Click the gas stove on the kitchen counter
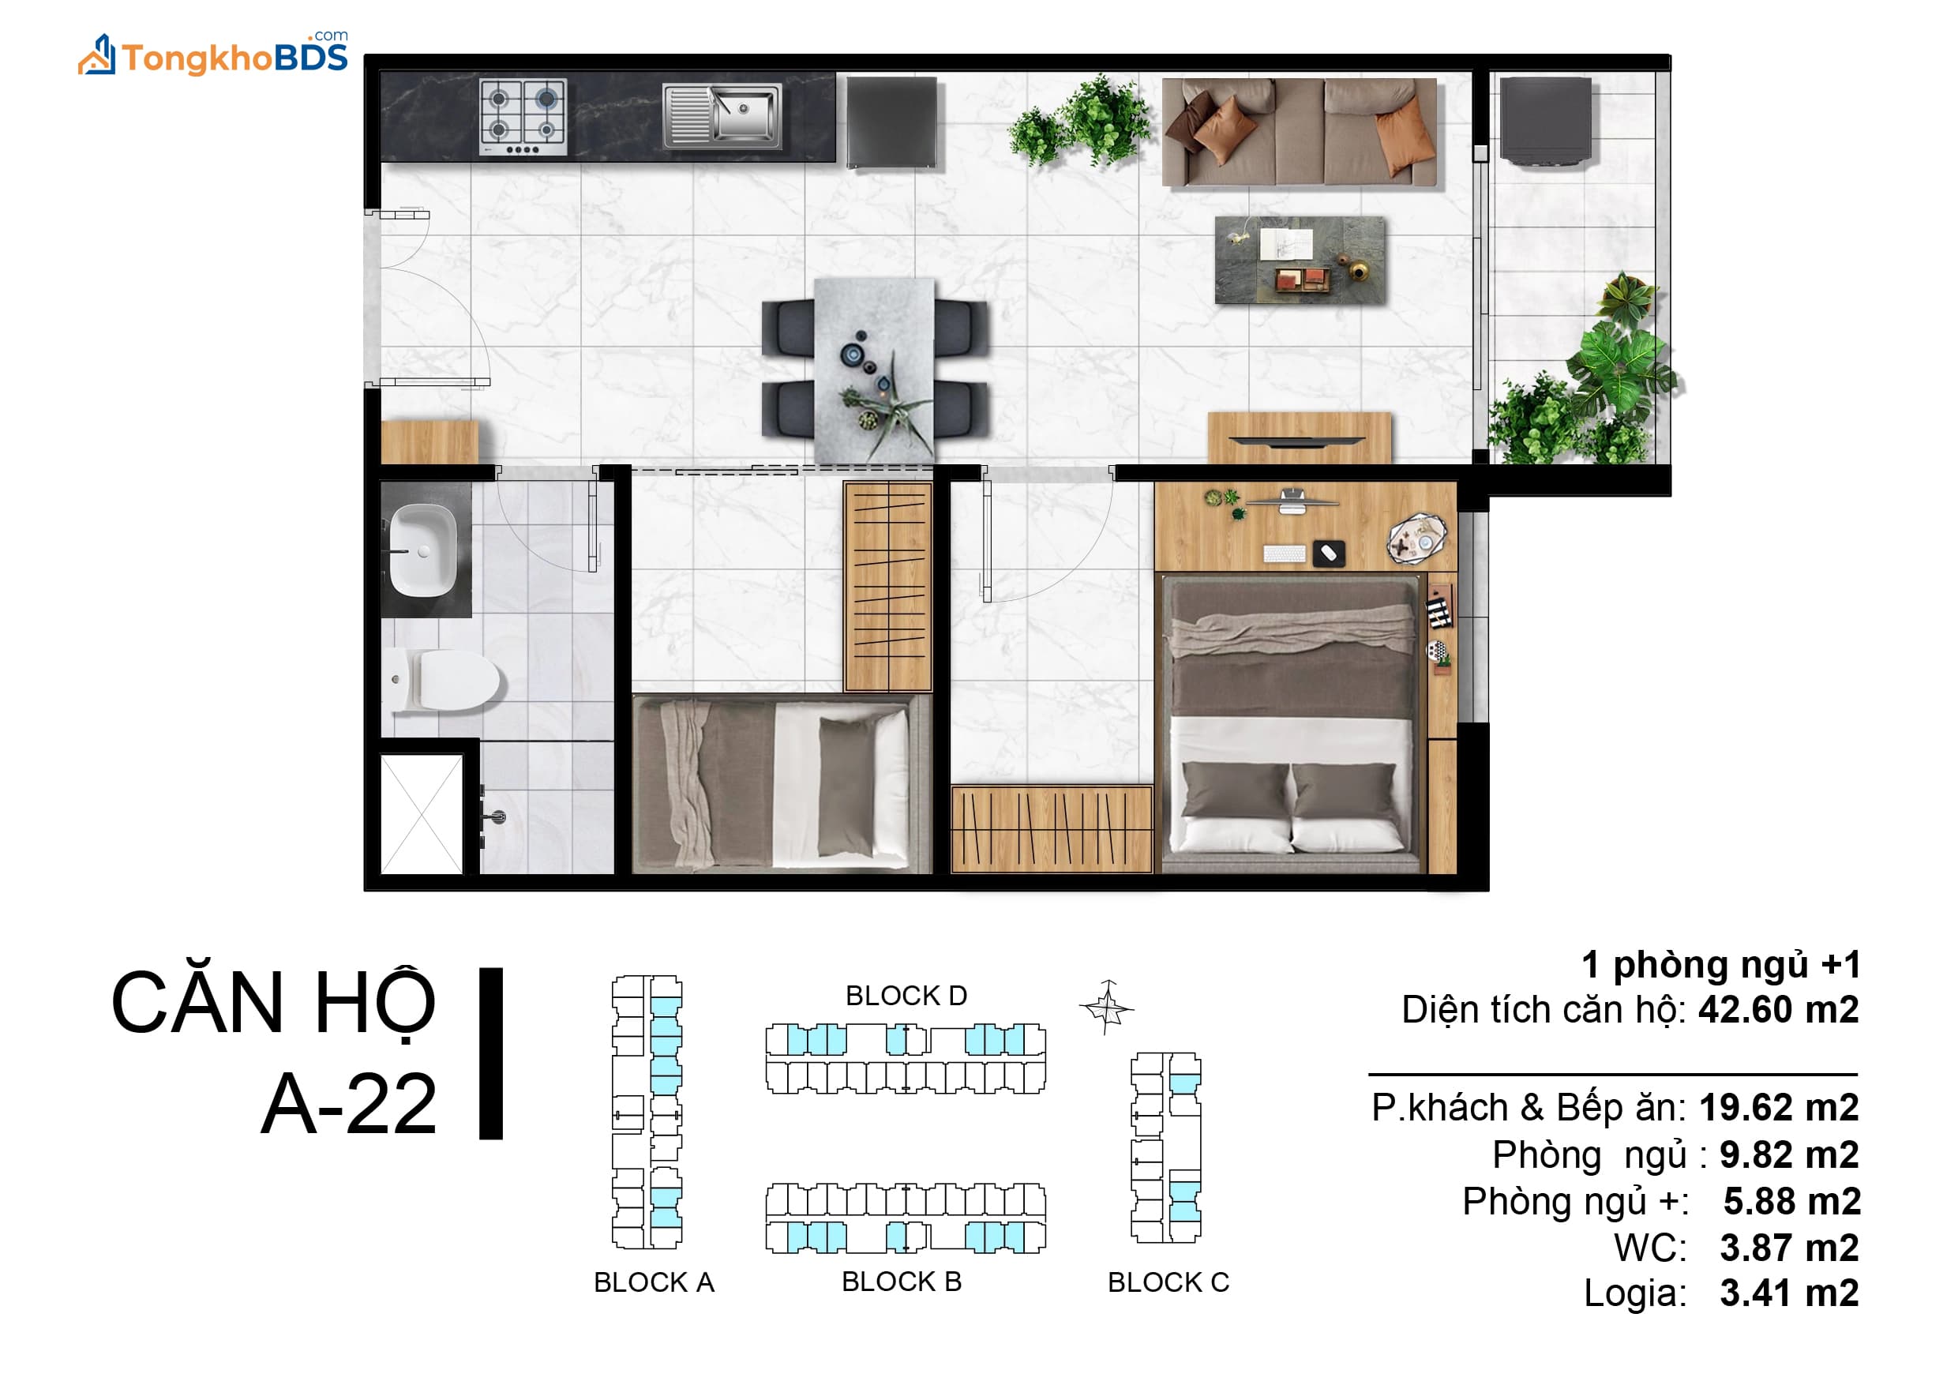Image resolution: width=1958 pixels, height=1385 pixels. coord(523,118)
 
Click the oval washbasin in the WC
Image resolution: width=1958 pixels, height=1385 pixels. coord(423,551)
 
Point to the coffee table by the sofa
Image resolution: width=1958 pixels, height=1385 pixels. coord(1300,260)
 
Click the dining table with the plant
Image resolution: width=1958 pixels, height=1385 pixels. coord(874,370)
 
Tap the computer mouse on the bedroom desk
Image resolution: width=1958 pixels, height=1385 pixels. coord(1328,553)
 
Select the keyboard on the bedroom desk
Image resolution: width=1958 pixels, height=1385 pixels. coord(1284,554)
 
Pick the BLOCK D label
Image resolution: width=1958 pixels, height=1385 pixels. coord(906,995)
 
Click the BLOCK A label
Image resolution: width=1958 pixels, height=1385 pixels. coord(654,1282)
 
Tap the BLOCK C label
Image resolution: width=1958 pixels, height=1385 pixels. coord(1168,1282)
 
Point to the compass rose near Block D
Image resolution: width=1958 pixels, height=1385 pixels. coord(1106,1008)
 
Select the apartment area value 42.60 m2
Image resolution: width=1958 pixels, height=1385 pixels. coord(1778,1010)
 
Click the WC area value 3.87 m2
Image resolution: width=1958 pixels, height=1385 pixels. coord(1789,1248)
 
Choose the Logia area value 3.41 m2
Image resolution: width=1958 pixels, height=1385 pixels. coord(1789,1293)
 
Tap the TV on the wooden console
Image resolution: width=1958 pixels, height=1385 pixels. coord(1299,441)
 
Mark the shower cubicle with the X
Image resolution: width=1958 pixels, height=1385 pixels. coord(421,813)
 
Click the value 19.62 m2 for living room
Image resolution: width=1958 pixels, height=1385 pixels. coord(1779,1108)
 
